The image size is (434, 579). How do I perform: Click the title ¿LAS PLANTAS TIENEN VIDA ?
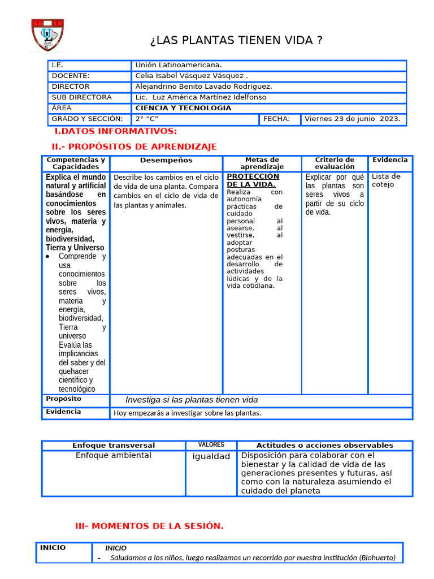click(x=236, y=40)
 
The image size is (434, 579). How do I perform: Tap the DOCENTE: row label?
click(x=71, y=76)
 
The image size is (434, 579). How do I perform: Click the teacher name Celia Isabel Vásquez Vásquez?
click(x=191, y=76)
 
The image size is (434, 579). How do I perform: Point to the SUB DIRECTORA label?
click(x=81, y=97)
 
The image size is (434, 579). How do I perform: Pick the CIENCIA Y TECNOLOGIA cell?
click(x=183, y=108)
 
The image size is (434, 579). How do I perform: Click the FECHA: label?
click(x=276, y=119)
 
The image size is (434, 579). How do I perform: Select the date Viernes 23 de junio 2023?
click(x=352, y=119)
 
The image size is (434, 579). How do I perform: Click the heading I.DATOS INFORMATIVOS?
click(x=115, y=132)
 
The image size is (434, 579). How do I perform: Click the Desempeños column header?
click(x=166, y=161)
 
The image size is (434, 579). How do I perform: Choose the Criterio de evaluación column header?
click(x=335, y=163)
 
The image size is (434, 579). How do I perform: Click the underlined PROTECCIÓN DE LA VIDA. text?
click(x=253, y=180)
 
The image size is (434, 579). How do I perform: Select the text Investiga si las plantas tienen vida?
click(x=191, y=400)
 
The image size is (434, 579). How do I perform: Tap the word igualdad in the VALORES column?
click(x=211, y=456)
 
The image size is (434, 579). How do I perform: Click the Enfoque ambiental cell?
click(x=114, y=455)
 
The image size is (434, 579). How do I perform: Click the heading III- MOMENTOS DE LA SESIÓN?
click(x=149, y=526)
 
